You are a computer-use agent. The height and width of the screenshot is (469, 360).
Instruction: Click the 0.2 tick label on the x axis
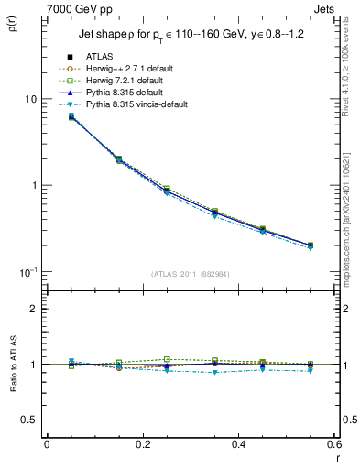tap(142, 444)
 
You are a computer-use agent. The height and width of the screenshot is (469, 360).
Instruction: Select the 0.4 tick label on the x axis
tap(238, 444)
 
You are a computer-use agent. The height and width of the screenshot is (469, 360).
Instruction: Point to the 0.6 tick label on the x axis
tap(331, 444)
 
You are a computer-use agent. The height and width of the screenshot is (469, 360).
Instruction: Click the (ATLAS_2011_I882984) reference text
tap(191, 274)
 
